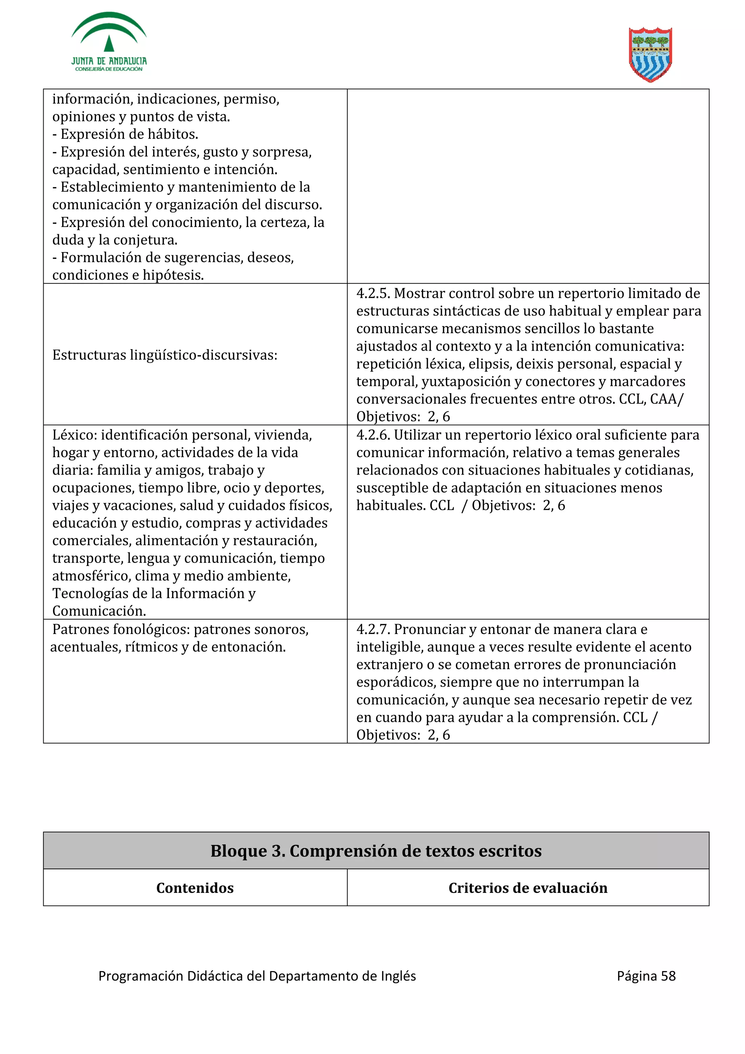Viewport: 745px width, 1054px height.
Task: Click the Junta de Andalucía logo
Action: click(109, 42)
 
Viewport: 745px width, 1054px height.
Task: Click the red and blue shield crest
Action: click(650, 55)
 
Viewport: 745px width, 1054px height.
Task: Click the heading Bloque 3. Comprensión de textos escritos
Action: click(376, 851)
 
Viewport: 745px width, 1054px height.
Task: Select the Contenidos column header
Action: click(195, 888)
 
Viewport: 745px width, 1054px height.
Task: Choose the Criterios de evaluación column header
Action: click(527, 888)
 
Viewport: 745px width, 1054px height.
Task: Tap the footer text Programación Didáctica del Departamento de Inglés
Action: click(257, 976)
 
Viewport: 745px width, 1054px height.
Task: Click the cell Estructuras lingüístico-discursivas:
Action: click(165, 355)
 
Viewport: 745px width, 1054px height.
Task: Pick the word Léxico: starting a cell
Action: click(74, 435)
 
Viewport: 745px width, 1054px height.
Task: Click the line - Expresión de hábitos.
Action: click(125, 134)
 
